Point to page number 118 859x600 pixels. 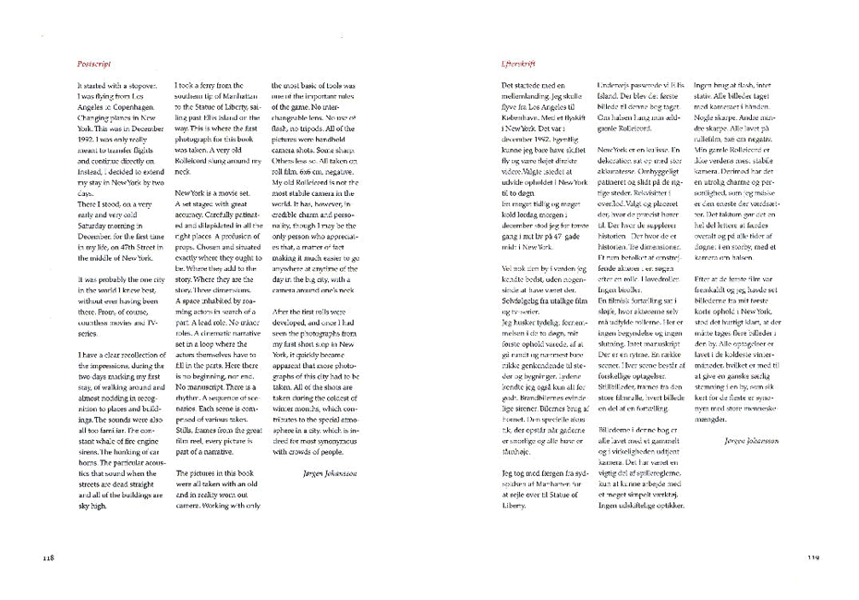50,557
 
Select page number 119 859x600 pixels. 813,557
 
